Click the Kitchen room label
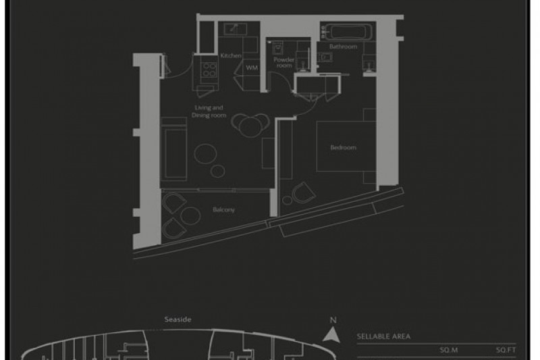coord(231,55)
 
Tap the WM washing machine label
coord(252,68)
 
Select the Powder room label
coord(284,62)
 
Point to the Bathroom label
coord(343,47)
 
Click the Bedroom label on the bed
coord(343,147)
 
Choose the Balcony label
coord(223,209)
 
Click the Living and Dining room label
coord(209,111)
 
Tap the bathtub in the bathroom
coord(348,32)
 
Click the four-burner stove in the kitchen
coord(209,70)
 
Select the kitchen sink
coord(235,29)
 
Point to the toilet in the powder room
coord(277,48)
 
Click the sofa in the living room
coord(173,149)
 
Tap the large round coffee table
coord(205,153)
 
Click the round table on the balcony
coord(190,216)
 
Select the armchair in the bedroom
coord(303,192)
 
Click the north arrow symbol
coord(331,334)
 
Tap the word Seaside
coord(178,319)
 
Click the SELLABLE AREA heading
coord(383,336)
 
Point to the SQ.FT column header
coord(506,350)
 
